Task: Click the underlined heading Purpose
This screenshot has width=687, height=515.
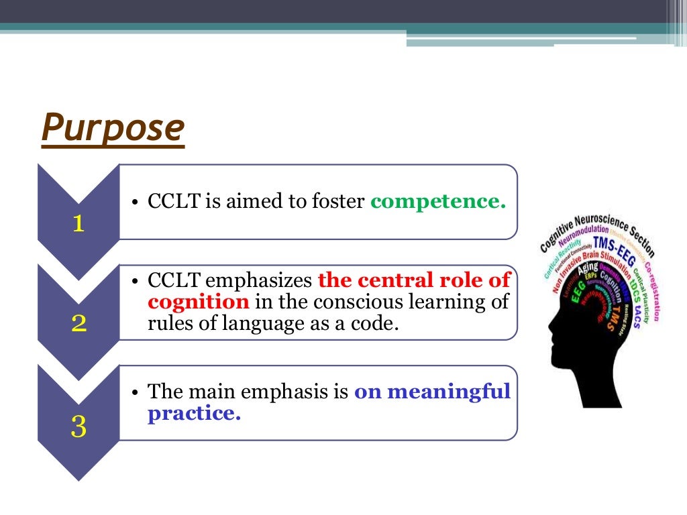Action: (112, 128)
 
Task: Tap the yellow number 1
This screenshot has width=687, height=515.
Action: (78, 224)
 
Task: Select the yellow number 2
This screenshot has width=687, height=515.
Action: (78, 325)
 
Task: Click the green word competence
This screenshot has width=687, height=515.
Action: (438, 201)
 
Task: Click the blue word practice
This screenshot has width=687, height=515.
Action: (194, 414)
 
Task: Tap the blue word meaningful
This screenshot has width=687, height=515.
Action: (432, 391)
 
